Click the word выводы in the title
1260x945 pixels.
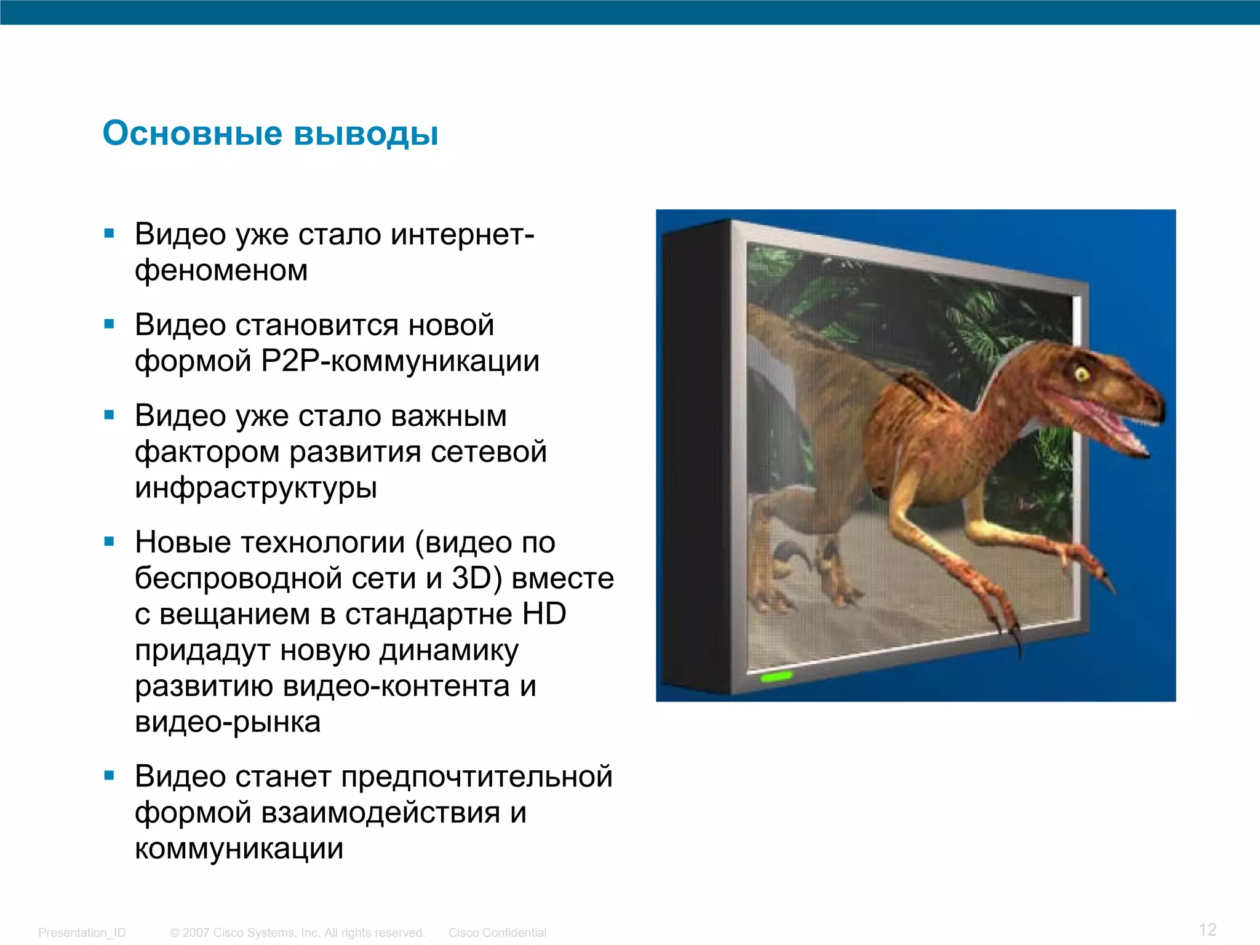pyautogui.click(x=366, y=133)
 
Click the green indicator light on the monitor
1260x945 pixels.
pyautogui.click(x=776, y=676)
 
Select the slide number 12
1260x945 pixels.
pyautogui.click(x=1207, y=929)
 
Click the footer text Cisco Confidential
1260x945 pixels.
pyautogui.click(x=497, y=933)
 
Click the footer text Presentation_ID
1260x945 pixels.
pyautogui.click(x=82, y=933)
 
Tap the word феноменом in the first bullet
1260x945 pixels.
pyautogui.click(x=221, y=271)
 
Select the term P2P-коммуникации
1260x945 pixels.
pyautogui.click(x=400, y=361)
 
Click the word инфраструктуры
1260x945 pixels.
pyautogui.click(x=256, y=488)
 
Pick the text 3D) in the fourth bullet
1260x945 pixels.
pyautogui.click(x=477, y=578)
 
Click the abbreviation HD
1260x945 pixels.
pyautogui.click(x=544, y=614)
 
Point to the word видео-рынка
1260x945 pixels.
pyautogui.click(x=228, y=722)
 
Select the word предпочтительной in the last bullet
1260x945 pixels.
pyautogui.click(x=477, y=776)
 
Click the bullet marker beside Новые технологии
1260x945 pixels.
pyautogui.click(x=110, y=542)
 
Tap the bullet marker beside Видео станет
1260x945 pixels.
pyautogui.click(x=110, y=776)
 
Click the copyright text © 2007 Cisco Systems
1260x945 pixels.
pyautogui.click(x=297, y=933)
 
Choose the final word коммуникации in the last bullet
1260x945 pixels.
pyautogui.click(x=239, y=849)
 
